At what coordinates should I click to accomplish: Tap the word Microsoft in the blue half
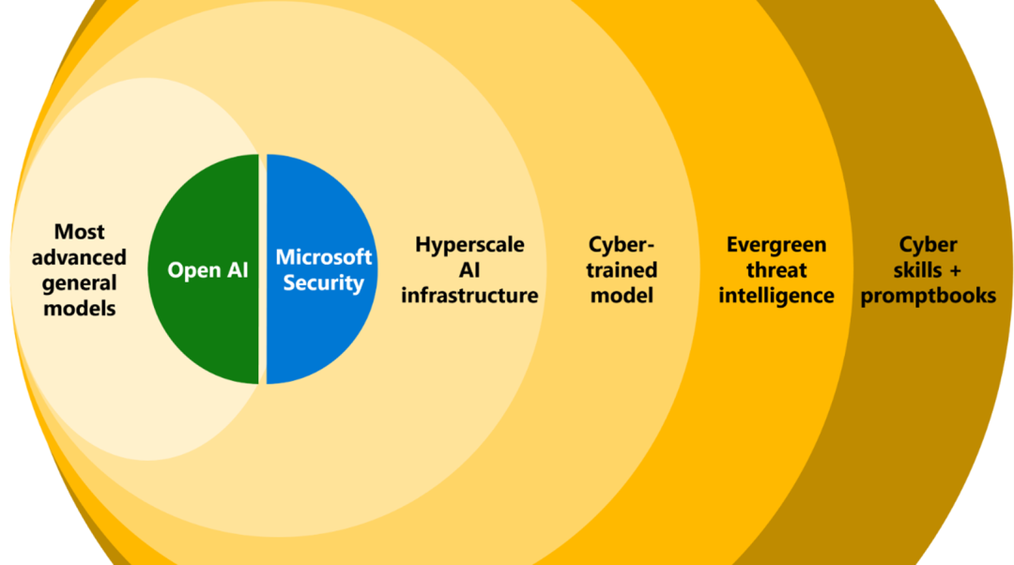point(323,257)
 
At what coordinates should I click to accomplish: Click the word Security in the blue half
point(323,282)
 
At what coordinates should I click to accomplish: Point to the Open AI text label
point(207,270)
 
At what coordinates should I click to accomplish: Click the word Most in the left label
point(79,232)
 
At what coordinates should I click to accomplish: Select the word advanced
point(79,257)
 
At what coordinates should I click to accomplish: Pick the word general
point(79,282)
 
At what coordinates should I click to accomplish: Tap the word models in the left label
point(79,308)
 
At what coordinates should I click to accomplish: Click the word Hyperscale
point(469,245)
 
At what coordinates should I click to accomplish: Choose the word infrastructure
point(469,296)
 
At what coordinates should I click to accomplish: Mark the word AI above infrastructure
point(469,270)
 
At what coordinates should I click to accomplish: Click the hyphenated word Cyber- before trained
point(621,245)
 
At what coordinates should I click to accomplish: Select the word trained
point(621,270)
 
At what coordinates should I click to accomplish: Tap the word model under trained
point(621,296)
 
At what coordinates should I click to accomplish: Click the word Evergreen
point(776,245)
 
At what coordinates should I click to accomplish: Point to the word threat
point(776,270)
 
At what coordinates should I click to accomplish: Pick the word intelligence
point(776,296)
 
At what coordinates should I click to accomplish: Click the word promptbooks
point(928,296)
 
